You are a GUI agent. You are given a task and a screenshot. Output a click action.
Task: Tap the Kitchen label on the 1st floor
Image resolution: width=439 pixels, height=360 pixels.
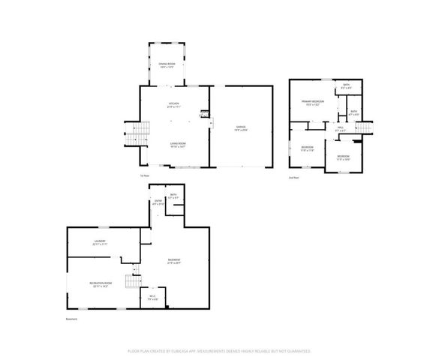point(173,105)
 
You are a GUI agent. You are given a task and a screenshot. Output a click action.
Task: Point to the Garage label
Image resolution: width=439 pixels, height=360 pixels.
point(240,128)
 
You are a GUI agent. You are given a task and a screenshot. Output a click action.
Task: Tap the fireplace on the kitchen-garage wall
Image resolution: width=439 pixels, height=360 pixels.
point(203,115)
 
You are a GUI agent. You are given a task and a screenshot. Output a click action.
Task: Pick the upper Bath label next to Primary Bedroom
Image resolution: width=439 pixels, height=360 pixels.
point(346,86)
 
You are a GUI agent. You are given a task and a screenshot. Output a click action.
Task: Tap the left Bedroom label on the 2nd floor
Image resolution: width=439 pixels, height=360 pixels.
point(308,148)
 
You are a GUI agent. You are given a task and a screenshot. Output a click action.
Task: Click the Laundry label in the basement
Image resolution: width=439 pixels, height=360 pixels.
point(98,242)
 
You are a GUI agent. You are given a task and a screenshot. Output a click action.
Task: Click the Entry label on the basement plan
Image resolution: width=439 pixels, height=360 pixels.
point(158,202)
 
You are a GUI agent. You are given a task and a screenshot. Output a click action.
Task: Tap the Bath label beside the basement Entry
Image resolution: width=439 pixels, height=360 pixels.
point(173,196)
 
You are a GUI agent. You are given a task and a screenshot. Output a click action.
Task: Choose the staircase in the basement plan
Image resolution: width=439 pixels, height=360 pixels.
point(132,281)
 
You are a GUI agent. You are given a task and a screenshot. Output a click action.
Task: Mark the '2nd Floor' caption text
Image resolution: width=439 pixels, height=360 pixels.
point(294,177)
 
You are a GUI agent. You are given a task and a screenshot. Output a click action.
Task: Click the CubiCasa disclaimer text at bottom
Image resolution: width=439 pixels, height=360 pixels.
point(219,350)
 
